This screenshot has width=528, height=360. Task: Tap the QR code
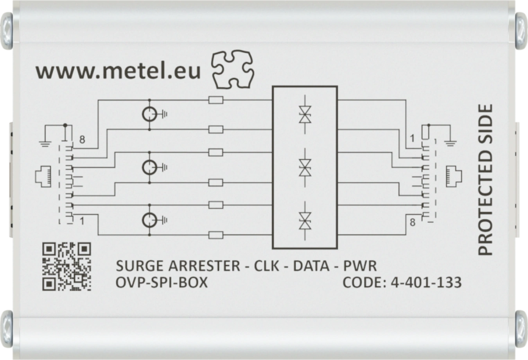[x=66, y=266]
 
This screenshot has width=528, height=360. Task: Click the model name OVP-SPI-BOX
[x=162, y=282]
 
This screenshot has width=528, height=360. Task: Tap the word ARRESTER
[x=204, y=266]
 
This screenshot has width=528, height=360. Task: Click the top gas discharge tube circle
[x=149, y=115]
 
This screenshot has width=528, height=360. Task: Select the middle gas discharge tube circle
[x=149, y=167]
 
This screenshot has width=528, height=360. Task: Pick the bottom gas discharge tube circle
[x=149, y=220]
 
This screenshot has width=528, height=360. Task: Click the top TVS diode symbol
[x=305, y=115]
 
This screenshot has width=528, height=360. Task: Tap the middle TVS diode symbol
[x=305, y=167]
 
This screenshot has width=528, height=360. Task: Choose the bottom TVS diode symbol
[x=305, y=220]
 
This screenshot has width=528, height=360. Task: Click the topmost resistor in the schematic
[x=216, y=100]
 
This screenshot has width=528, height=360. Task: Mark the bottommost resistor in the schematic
[x=216, y=235]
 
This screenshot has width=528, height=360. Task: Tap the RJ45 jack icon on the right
[x=454, y=176]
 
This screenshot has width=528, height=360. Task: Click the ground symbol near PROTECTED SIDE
[x=451, y=143]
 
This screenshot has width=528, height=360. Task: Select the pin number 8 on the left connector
[x=82, y=140]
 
